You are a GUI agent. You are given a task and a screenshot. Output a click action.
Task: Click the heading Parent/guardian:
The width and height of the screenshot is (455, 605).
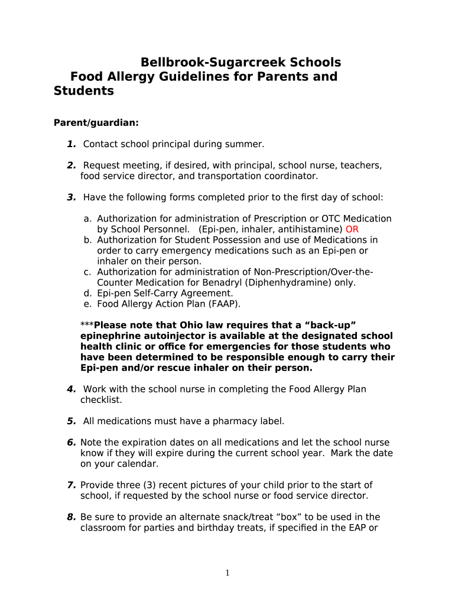coord(96,123)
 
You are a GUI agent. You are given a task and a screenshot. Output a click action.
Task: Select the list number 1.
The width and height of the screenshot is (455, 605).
coord(71,144)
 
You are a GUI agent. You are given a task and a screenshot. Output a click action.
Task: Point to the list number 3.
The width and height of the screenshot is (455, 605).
coord(71,197)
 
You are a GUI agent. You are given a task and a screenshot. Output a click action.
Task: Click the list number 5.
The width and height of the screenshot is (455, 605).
coord(71,421)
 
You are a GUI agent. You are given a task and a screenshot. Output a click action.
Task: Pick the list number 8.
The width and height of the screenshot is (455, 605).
coord(71,517)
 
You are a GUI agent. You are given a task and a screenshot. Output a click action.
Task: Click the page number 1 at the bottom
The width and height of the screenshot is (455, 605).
coord(227,573)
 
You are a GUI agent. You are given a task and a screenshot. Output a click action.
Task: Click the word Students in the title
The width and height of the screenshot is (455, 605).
coord(84,92)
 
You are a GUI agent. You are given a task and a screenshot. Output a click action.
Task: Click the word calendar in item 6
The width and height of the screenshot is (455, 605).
coord(135,464)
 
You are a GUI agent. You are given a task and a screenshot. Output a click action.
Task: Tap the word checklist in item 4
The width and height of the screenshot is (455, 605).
coord(101,400)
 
